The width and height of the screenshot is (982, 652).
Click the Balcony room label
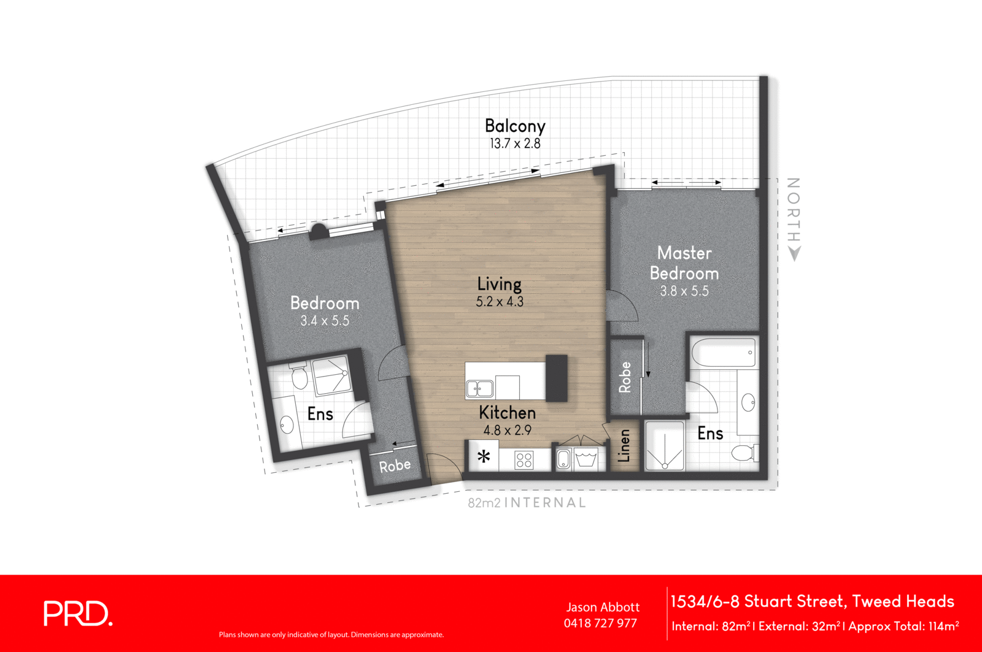coord(515,126)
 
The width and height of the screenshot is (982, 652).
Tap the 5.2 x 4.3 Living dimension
coord(500,302)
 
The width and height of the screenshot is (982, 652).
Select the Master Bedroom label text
coord(684,263)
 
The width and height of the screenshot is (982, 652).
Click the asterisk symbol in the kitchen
coord(484,457)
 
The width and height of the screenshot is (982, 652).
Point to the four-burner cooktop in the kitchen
coord(524,459)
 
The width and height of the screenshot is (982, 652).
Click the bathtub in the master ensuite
coord(723,352)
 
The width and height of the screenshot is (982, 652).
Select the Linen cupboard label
coord(624,445)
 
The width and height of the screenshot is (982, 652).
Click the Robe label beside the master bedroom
coord(625,377)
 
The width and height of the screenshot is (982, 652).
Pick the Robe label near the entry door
coord(395,466)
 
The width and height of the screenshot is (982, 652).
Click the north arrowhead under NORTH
coord(794,253)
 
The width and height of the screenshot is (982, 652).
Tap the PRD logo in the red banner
coord(78,613)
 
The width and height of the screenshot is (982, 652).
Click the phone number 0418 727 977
coord(600,623)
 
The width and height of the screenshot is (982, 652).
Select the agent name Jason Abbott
coord(603,607)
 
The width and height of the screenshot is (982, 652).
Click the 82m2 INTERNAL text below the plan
coord(527,503)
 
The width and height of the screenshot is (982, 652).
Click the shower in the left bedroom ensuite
coord(331,375)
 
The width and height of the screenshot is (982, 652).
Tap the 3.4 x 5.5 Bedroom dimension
coord(325,320)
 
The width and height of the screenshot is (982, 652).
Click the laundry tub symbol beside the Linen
coord(586,459)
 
